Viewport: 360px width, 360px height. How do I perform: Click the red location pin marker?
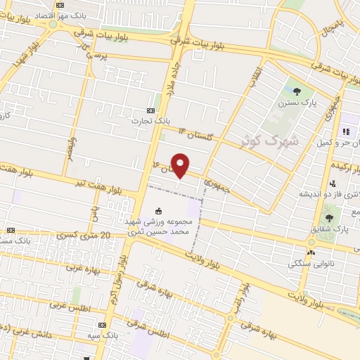[181, 165]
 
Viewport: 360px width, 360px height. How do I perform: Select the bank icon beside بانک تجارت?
[150, 110]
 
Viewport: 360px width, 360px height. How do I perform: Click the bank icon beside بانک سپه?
[102, 325]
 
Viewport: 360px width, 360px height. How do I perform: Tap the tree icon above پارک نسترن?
[297, 91]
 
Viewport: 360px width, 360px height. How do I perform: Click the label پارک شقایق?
[330, 229]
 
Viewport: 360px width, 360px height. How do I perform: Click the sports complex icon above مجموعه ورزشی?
[159, 210]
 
